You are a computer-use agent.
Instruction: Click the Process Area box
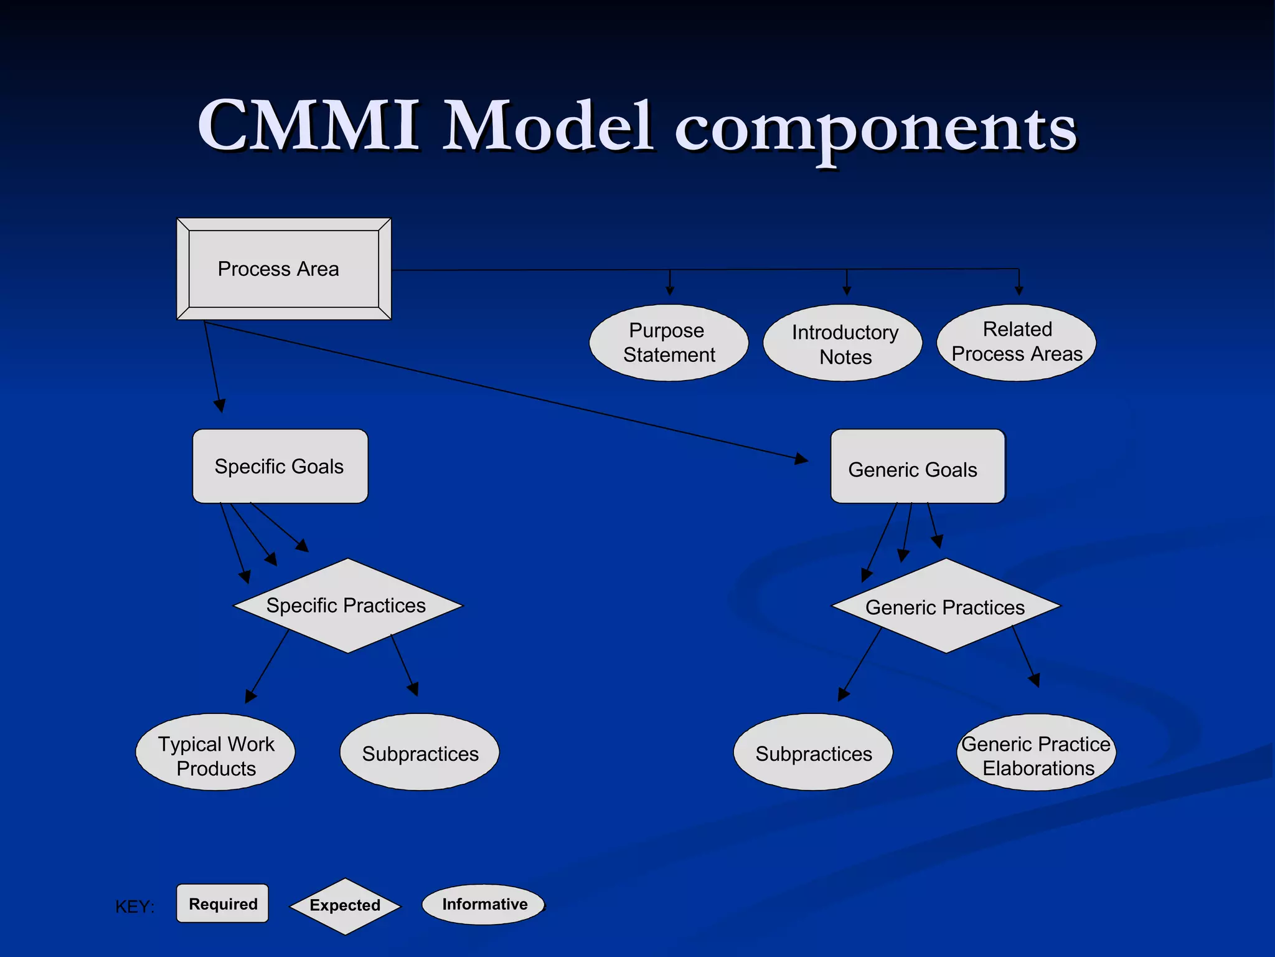(x=283, y=269)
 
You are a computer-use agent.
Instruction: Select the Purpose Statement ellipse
(x=669, y=343)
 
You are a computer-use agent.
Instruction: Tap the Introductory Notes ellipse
(x=843, y=343)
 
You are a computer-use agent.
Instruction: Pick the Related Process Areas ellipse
(x=1017, y=342)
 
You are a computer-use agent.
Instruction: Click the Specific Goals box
(x=280, y=466)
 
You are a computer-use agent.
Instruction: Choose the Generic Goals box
(x=918, y=467)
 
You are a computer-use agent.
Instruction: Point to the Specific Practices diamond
(x=347, y=606)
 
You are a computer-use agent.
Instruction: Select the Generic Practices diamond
(x=946, y=606)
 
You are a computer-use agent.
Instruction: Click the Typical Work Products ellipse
(x=215, y=753)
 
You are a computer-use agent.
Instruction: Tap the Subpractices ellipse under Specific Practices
(x=420, y=753)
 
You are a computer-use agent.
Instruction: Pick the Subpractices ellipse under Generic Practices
(x=813, y=753)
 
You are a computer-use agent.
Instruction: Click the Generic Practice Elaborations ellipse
(x=1036, y=753)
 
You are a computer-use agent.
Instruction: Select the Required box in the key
(x=223, y=903)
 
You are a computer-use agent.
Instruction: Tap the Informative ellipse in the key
(x=484, y=904)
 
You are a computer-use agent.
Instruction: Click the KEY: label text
(x=134, y=907)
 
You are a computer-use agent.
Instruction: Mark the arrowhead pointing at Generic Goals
(x=802, y=460)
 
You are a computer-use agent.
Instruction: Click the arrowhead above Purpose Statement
(x=670, y=290)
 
